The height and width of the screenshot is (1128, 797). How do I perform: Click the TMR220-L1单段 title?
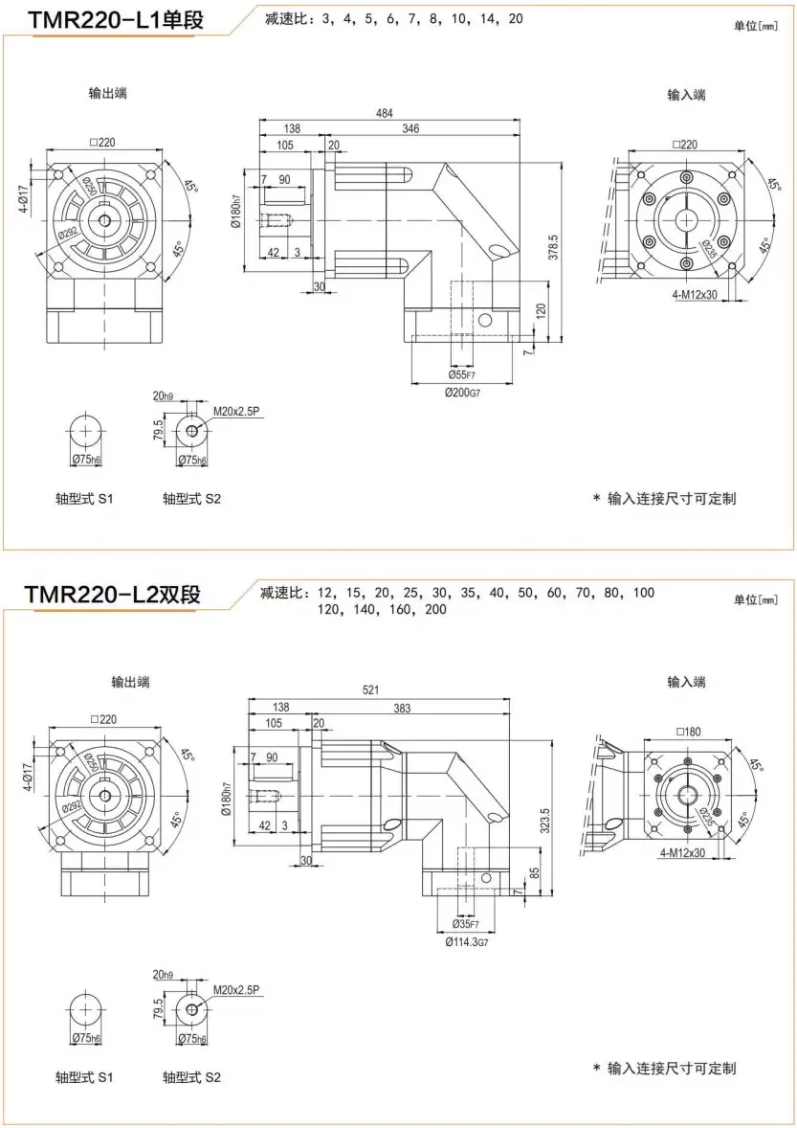click(x=116, y=19)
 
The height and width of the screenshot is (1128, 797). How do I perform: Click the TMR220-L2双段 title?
click(x=114, y=595)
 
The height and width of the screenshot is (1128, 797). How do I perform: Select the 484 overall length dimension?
click(x=385, y=114)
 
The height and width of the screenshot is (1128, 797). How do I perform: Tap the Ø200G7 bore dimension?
click(x=462, y=393)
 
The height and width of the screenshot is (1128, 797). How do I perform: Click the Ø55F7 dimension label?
click(x=463, y=374)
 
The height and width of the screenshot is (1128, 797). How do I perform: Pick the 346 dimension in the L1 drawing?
click(x=410, y=128)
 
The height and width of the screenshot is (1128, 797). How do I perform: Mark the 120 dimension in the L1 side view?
click(x=542, y=310)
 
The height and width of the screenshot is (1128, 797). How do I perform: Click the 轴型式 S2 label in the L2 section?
click(x=192, y=1077)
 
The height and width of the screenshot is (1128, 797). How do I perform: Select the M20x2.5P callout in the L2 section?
click(x=236, y=989)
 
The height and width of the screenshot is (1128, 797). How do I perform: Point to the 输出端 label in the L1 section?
click(x=107, y=93)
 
